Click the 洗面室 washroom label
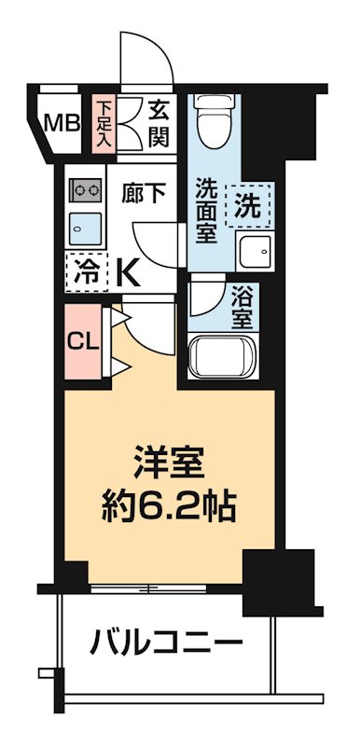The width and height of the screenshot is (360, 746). (207, 210)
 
